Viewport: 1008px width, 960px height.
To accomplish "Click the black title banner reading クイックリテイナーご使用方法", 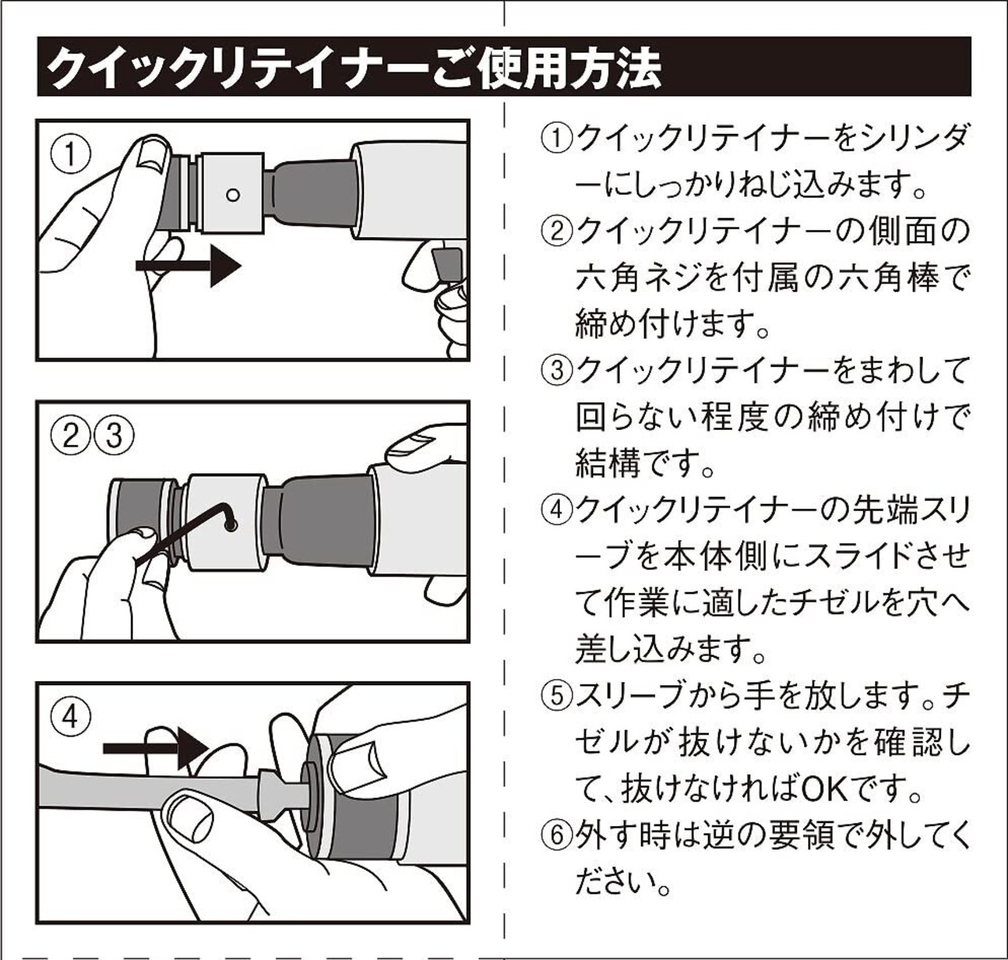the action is tap(504, 68).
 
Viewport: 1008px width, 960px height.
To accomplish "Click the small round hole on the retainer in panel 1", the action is tap(232, 194).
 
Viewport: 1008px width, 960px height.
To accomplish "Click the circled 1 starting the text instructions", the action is tap(556, 140).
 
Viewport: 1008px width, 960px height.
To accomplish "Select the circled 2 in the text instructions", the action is tap(556, 232).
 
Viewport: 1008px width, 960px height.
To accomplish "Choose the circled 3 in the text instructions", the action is tap(556, 370).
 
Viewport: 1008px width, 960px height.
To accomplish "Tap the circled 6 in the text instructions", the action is tap(556, 835).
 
